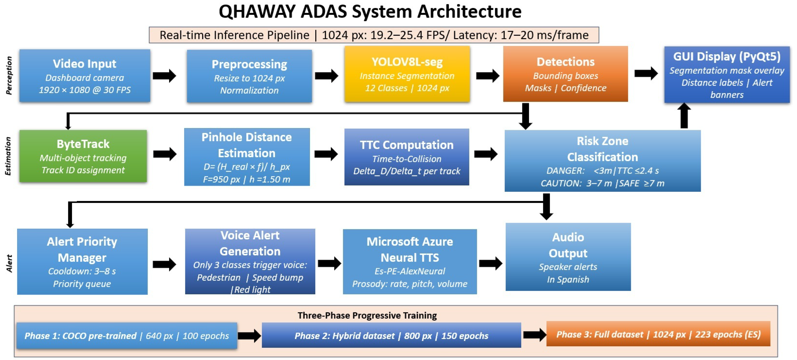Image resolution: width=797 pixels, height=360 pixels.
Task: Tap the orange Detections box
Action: point(565,74)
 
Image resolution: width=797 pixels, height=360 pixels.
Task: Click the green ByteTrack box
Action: point(83,156)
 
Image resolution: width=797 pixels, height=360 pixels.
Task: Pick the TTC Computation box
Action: point(407,157)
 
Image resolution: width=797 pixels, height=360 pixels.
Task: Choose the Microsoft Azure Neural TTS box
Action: point(410,262)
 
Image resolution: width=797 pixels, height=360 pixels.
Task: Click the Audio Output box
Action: point(568,257)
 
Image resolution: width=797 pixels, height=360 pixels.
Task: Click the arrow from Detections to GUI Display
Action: point(646,73)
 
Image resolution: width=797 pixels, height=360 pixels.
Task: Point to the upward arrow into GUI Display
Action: point(684,116)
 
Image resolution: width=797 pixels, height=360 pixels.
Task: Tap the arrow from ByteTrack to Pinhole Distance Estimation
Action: point(165,154)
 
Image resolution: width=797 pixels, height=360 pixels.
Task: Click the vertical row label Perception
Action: point(9,75)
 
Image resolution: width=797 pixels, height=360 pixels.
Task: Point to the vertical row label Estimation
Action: point(8,156)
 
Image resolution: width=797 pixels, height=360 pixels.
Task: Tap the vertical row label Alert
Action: point(9,263)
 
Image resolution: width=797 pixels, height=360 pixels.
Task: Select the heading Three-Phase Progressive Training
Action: point(367,316)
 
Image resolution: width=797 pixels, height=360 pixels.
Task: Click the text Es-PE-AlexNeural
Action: point(410,271)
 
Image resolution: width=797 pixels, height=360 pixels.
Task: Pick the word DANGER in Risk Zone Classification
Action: point(565,171)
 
